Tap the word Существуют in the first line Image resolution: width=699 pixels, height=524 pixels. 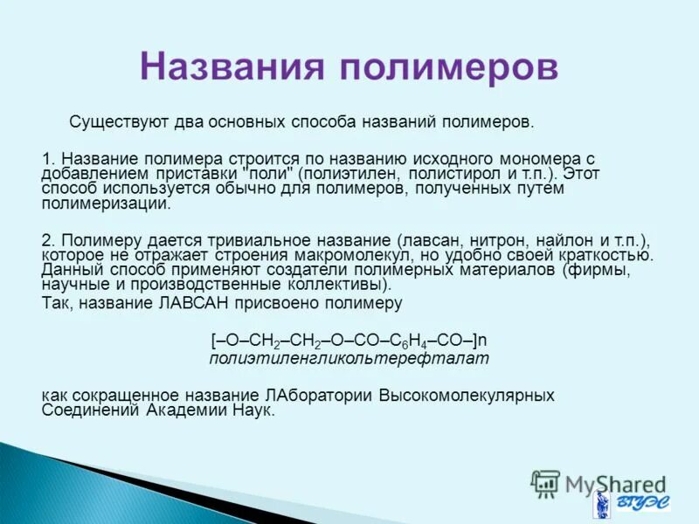tap(113, 121)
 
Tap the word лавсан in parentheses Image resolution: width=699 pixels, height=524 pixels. tap(428, 240)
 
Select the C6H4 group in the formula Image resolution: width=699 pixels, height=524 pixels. tap(414, 341)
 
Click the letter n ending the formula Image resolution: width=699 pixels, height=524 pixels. tap(481, 340)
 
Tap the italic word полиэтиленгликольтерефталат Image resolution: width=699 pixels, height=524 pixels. tap(349, 358)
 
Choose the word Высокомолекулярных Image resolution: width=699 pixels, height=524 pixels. tap(467, 395)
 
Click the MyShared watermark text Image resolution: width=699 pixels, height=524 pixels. tap(612, 483)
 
